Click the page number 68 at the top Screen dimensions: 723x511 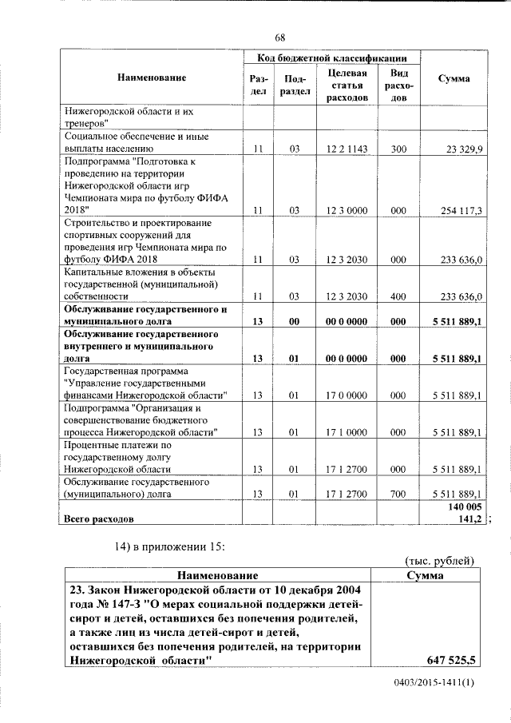(x=280, y=38)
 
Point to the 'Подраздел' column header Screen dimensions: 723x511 (x=294, y=85)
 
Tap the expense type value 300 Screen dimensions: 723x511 (x=394, y=149)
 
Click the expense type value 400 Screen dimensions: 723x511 (x=394, y=296)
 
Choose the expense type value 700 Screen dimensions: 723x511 (x=394, y=494)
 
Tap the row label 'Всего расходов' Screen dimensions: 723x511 (x=99, y=519)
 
